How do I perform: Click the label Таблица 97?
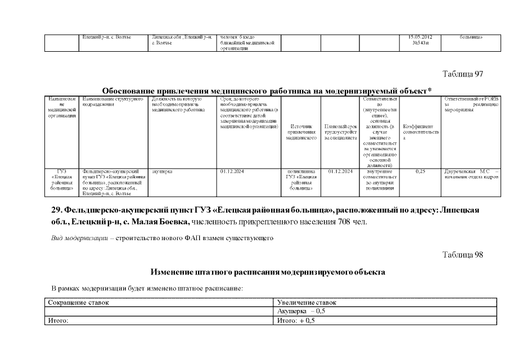pyautogui.click(x=463, y=74)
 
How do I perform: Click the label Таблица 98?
pyautogui.click(x=463, y=255)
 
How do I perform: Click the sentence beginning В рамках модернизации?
pyautogui.click(x=147, y=288)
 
